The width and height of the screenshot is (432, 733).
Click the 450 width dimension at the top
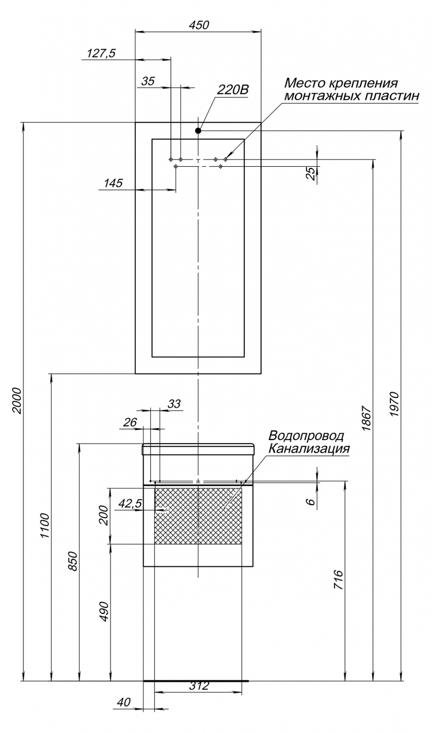[199, 25]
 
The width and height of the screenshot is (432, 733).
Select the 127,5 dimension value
[101, 54]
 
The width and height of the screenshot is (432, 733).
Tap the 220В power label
[232, 90]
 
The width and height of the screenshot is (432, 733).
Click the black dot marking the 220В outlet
[198, 131]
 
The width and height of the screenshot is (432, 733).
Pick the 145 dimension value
[113, 183]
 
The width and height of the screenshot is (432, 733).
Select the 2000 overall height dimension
[17, 401]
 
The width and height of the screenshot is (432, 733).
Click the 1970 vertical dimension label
[395, 404]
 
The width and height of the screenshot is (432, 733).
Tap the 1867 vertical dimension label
[366, 418]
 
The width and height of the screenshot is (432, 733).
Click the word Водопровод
[306, 436]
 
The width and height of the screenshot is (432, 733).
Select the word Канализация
[309, 448]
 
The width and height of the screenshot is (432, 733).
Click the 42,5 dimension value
[130, 503]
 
